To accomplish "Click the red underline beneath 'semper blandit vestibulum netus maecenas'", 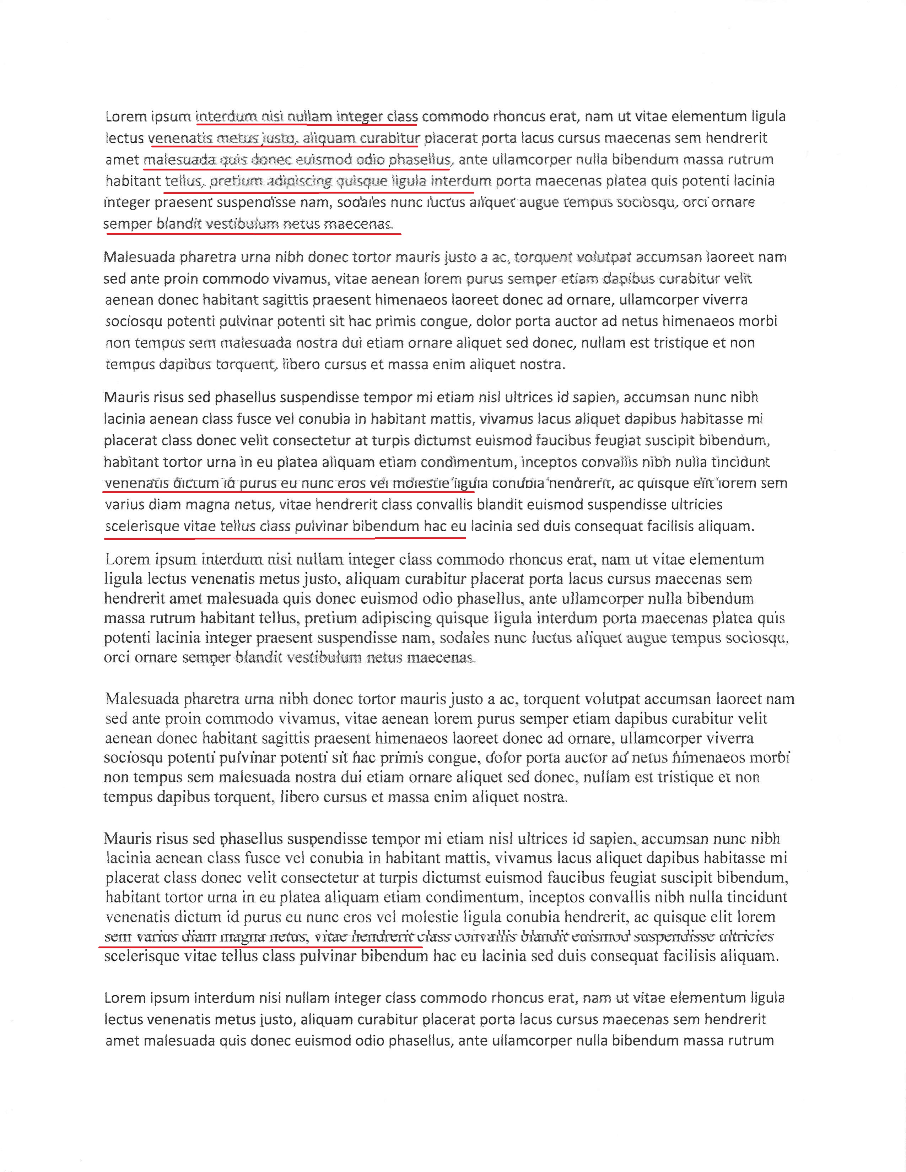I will coord(252,233).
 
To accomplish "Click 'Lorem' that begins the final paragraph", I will coord(125,998).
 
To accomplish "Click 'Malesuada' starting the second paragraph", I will coord(140,257).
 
